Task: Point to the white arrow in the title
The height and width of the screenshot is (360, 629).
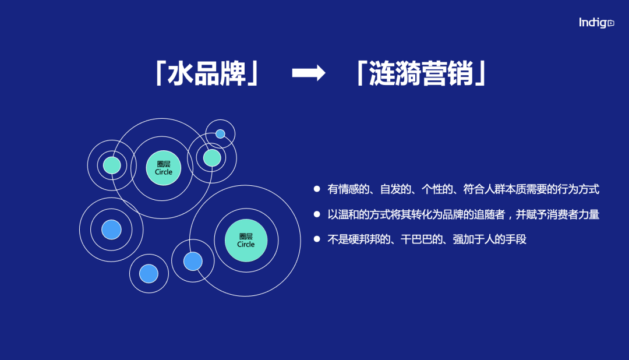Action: (308, 73)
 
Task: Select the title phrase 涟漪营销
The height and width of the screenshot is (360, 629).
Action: (421, 73)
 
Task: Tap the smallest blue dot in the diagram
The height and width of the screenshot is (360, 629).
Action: (220, 134)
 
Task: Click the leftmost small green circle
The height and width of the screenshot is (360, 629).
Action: (112, 165)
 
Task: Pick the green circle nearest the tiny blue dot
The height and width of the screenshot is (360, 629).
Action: (212, 158)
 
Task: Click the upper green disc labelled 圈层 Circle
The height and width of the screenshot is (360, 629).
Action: (164, 168)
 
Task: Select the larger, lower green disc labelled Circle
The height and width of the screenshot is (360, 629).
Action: (246, 240)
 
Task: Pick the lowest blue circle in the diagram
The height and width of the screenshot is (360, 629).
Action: (149, 273)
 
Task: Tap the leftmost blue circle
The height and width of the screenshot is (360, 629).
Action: (111, 230)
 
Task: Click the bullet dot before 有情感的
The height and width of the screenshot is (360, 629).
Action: (317, 189)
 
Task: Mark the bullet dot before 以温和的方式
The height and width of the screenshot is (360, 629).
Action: (317, 214)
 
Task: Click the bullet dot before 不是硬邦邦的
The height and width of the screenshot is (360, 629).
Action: (317, 239)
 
